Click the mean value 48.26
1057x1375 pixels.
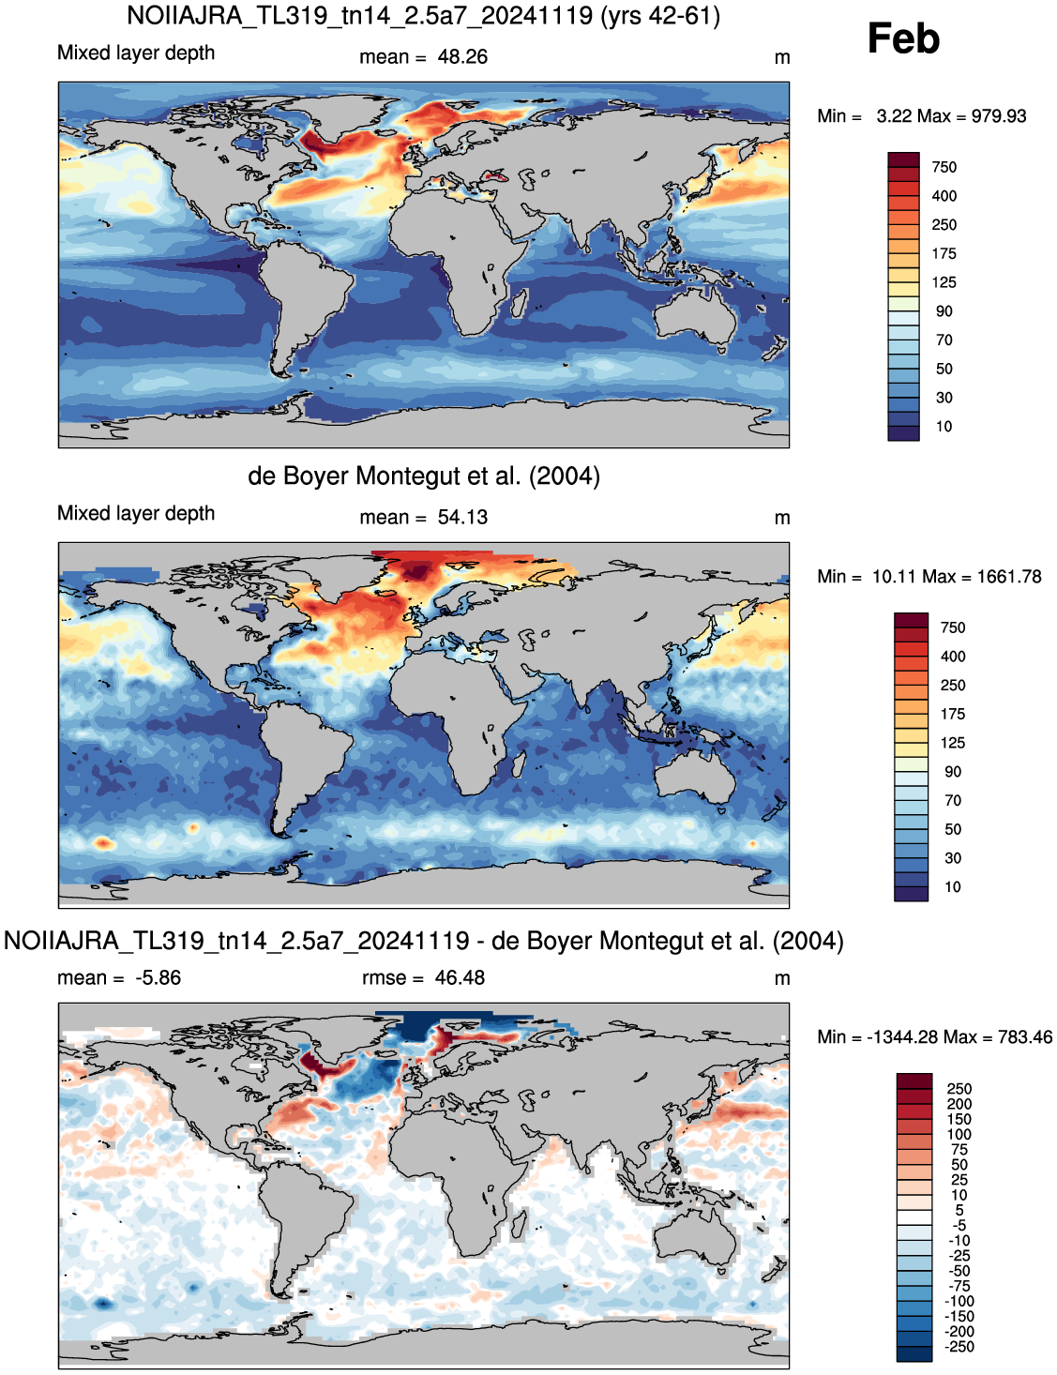(x=462, y=57)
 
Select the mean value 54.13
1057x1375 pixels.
(x=462, y=517)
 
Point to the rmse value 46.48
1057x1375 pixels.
(x=460, y=977)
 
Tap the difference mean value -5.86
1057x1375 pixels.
(x=159, y=977)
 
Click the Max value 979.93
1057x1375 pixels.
(x=999, y=116)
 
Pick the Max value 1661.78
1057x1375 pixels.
(x=1009, y=577)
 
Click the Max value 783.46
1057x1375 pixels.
(x=1025, y=1037)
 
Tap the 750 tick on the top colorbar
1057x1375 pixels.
(x=944, y=167)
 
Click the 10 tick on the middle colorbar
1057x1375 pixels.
(x=953, y=886)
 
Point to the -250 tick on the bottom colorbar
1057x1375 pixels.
(x=959, y=1347)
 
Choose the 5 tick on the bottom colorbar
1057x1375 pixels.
(x=959, y=1210)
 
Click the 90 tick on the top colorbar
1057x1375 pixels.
(x=944, y=311)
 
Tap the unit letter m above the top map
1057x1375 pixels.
(x=782, y=57)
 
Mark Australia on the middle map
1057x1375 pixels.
(x=696, y=774)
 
